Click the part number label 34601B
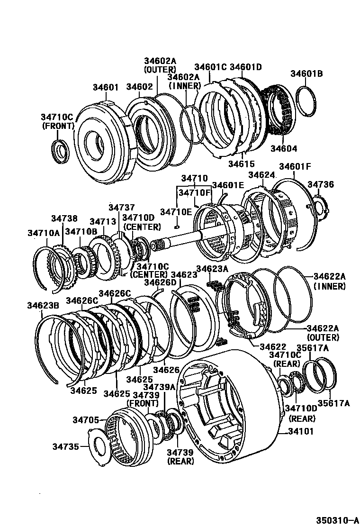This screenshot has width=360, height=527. (x=306, y=73)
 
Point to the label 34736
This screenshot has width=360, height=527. (x=321, y=184)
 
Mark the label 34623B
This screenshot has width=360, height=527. (x=43, y=305)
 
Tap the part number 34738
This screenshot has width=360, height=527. (x=64, y=218)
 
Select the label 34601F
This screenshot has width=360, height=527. (x=295, y=166)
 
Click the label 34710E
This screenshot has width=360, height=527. (x=176, y=211)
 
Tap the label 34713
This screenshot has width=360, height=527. (x=103, y=221)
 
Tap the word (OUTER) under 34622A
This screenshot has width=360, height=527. (x=323, y=337)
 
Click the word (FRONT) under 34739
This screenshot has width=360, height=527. (x=142, y=403)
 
